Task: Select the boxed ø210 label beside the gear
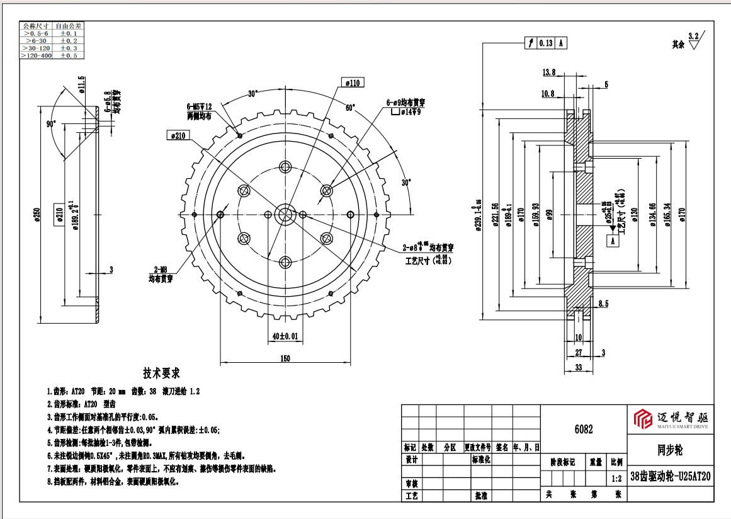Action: pos(179,135)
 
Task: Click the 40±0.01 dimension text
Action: pos(285,336)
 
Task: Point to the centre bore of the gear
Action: pos(285,214)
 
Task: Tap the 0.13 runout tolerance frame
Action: pos(546,43)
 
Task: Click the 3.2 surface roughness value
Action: pos(694,36)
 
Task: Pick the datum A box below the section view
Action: pos(611,240)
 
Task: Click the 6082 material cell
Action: pos(583,430)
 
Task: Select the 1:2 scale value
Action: pos(616,479)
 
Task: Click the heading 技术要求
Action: pos(162,372)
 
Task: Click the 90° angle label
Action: pos(51,124)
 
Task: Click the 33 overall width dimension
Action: pos(578,367)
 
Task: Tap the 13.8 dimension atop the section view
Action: pos(549,72)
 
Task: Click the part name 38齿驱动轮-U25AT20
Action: pos(671,476)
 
